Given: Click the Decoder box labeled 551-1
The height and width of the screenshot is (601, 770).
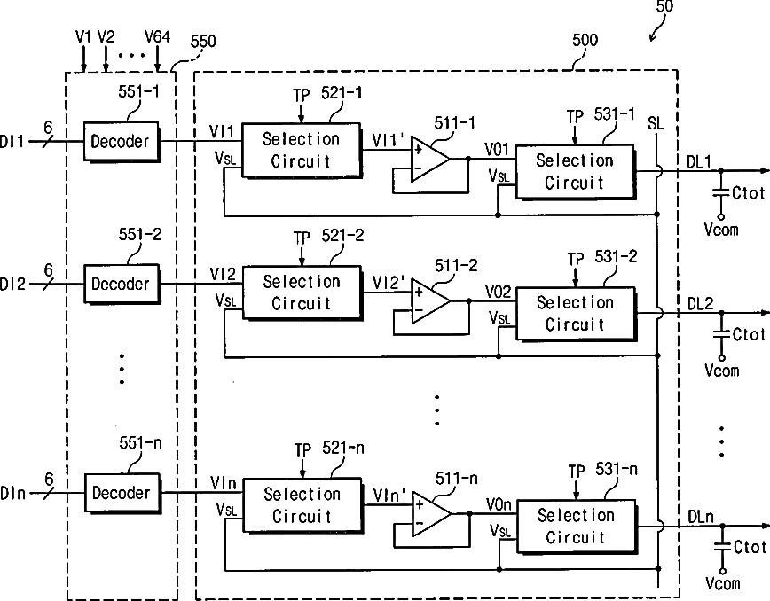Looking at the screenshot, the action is (122, 142).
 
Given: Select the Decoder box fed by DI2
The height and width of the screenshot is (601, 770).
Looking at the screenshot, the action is (122, 284).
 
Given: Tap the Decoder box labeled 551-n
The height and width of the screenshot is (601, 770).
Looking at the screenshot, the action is (122, 493).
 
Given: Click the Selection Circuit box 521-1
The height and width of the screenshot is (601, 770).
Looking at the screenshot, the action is (302, 150).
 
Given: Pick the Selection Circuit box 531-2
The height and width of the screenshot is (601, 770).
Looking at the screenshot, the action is (576, 314).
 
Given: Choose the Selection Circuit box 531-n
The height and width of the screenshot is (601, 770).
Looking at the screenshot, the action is (577, 527).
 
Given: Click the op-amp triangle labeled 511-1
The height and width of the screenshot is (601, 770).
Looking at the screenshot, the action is (429, 159).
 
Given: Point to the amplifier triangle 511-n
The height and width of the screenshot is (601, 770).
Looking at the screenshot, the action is (431, 513).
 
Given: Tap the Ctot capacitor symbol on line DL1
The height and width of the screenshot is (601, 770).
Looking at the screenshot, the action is (720, 192).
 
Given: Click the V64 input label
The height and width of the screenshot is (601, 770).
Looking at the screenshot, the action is (157, 37).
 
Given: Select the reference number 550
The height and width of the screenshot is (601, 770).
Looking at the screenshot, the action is (203, 41).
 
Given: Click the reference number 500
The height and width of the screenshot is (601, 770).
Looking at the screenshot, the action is (585, 40).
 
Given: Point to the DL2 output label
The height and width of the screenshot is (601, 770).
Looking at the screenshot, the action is (700, 304).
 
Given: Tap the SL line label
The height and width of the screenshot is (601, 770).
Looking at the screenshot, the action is (656, 123).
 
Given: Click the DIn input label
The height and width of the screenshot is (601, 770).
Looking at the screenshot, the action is (12, 493).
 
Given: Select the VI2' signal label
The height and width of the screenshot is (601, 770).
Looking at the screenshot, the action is (389, 282).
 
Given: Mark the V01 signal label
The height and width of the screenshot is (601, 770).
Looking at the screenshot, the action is (497, 149).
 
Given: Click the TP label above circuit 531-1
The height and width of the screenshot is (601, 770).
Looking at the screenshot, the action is (575, 117).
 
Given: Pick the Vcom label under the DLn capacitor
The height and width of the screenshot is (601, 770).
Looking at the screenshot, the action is (723, 583).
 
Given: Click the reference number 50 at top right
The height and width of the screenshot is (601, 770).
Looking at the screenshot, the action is (664, 6).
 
